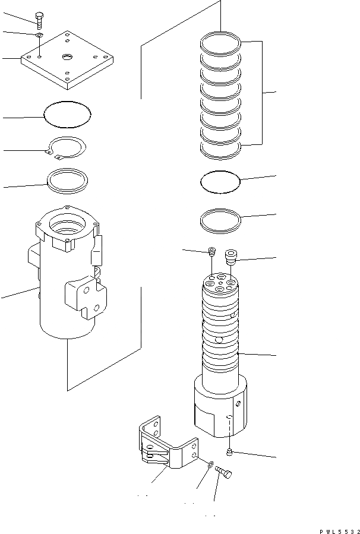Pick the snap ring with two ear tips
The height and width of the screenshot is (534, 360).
coord(67,147)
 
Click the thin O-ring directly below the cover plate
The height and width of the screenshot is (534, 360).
coord(68,113)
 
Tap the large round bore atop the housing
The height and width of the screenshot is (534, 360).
coord(67,226)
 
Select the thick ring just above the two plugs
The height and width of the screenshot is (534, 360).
coord(220,220)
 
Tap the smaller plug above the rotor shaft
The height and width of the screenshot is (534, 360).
coord(212,252)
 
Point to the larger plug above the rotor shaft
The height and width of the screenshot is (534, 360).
coord(230,257)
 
